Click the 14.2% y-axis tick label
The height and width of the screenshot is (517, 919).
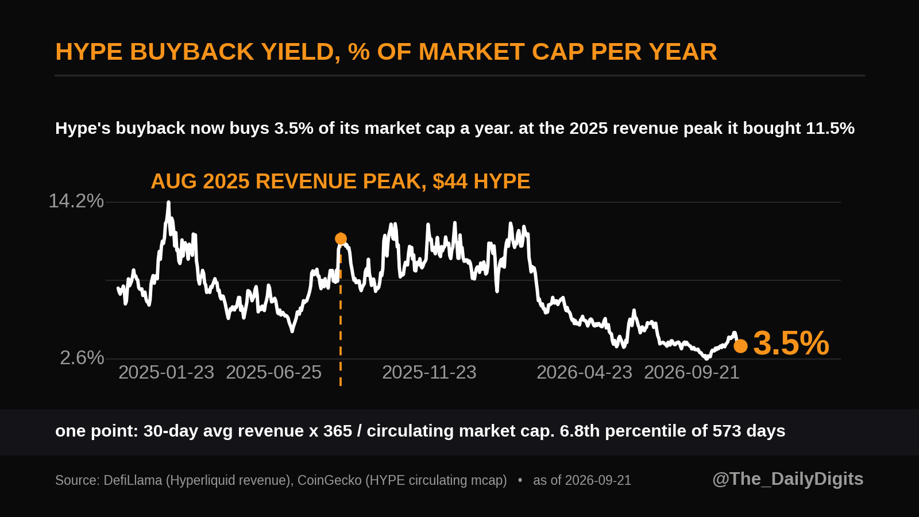[76, 201]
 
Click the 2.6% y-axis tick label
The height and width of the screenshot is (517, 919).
[82, 358]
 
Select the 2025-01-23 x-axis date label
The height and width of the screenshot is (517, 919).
[166, 373]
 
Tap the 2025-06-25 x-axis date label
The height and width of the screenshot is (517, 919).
[273, 373]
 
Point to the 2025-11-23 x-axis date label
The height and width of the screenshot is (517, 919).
[429, 373]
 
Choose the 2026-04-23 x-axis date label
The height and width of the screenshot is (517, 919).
[584, 373]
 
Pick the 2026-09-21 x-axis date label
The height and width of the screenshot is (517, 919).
[692, 373]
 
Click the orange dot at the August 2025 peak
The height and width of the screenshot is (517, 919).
[341, 238]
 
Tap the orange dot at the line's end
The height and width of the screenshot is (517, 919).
[740, 346]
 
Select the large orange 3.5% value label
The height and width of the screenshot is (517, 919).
[791, 344]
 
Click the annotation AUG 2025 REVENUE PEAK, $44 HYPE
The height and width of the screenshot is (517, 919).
[341, 182]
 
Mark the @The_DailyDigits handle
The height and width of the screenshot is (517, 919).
[787, 479]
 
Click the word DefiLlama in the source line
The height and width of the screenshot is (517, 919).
[133, 480]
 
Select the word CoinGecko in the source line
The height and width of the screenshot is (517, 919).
[330, 480]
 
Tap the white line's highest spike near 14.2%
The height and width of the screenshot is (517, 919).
[168, 203]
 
